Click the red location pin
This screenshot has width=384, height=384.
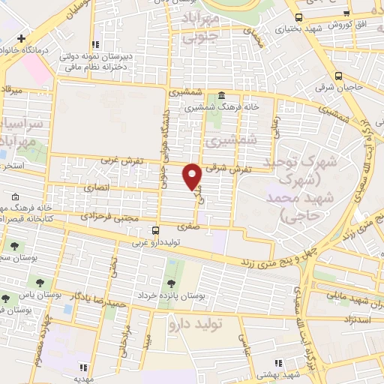pyautogui.click(x=193, y=175)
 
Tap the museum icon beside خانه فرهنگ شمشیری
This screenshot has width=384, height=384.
pyautogui.click(x=222, y=96)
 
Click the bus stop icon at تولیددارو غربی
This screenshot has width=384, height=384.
pyautogui.click(x=155, y=230)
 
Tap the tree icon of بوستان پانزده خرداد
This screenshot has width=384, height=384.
pyautogui.click(x=172, y=283)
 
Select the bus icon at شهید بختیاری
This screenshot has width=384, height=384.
pyautogui.click(x=298, y=17)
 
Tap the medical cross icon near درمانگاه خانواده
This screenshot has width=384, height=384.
pyautogui.click(x=22, y=38)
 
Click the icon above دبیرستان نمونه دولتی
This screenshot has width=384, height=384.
pyautogui.click(x=94, y=44)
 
